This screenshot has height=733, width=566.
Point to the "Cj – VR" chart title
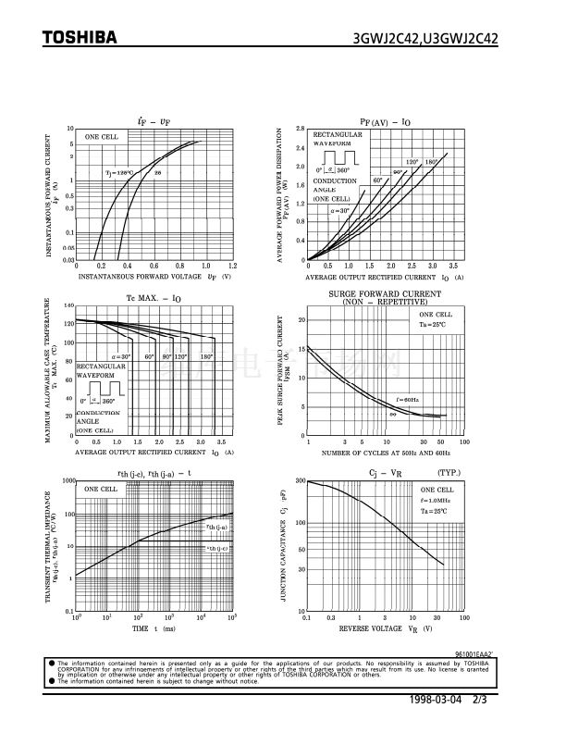point(384,472)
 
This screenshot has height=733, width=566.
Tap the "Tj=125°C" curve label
point(118,172)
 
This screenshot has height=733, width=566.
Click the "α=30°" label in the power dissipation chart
point(340,211)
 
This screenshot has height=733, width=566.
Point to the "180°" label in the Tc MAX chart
point(206,356)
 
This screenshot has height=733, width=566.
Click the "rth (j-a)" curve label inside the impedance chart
point(216,526)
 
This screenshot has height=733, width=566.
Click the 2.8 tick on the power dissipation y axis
point(300,129)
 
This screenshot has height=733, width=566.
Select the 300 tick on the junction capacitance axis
point(300,481)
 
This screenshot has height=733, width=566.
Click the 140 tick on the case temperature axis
point(68,305)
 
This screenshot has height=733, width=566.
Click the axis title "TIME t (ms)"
point(154,628)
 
